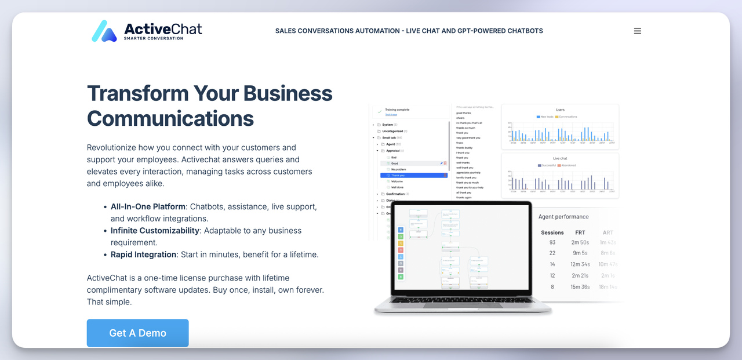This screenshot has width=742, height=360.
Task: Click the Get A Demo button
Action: click(137, 333)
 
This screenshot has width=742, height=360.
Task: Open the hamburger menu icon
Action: click(637, 31)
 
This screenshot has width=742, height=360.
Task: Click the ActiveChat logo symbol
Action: click(104, 31)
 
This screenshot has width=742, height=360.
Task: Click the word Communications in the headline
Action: click(170, 118)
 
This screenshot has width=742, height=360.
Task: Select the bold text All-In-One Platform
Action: click(148, 206)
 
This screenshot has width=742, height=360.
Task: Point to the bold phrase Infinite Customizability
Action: click(155, 230)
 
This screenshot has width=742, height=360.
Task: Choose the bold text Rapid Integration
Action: click(143, 254)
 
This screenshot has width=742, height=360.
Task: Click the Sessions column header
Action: click(552, 232)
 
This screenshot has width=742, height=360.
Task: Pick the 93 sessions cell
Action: click(552, 242)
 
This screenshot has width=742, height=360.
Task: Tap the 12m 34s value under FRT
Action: click(580, 264)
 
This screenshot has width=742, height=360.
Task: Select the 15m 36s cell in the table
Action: click(580, 286)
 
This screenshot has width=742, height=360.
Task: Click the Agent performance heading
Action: click(563, 217)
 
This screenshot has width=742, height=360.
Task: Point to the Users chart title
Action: click(560, 110)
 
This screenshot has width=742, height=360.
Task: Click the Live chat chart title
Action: click(560, 158)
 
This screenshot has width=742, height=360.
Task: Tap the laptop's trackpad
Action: click(462, 308)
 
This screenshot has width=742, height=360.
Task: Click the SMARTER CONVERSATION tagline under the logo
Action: click(154, 38)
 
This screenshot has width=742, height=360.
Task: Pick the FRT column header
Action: click(580, 232)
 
